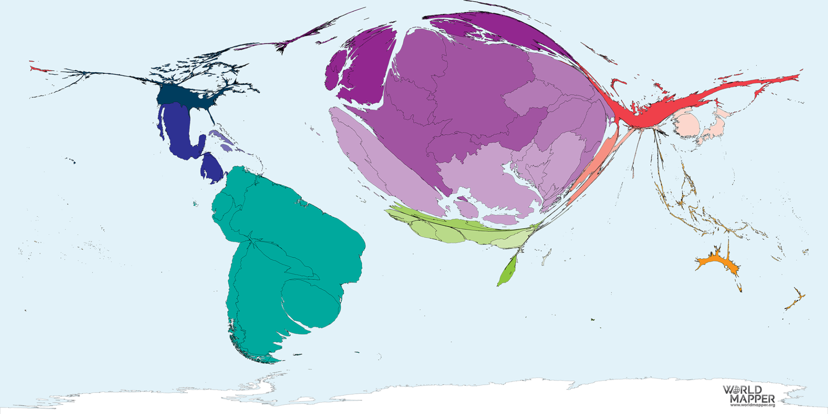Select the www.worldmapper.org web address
coord(753,405)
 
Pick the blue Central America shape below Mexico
coord(210,168)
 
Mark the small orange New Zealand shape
coord(796,300)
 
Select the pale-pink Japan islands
coord(716,125)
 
